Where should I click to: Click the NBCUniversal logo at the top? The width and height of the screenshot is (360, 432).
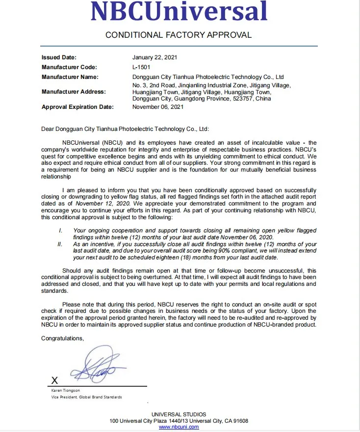click(x=179, y=12)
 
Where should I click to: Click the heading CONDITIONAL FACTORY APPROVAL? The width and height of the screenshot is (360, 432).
click(x=179, y=35)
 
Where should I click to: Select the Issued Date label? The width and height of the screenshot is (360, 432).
click(x=59, y=57)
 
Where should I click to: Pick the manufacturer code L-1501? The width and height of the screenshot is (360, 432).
click(x=142, y=67)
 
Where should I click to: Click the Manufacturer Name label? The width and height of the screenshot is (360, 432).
click(x=70, y=77)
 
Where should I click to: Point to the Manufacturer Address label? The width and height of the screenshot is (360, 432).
click(x=74, y=92)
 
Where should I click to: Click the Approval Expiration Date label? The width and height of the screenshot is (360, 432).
click(x=77, y=107)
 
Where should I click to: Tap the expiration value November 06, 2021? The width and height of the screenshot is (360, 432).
click(x=158, y=107)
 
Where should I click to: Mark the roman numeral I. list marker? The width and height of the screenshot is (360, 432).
click(x=60, y=230)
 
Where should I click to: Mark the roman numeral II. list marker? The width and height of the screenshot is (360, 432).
click(x=61, y=244)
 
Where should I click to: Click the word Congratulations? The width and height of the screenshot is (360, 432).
click(x=62, y=338)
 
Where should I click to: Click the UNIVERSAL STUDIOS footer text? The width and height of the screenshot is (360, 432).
click(x=179, y=414)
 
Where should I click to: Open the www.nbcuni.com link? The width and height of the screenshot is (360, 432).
click(x=179, y=427)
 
